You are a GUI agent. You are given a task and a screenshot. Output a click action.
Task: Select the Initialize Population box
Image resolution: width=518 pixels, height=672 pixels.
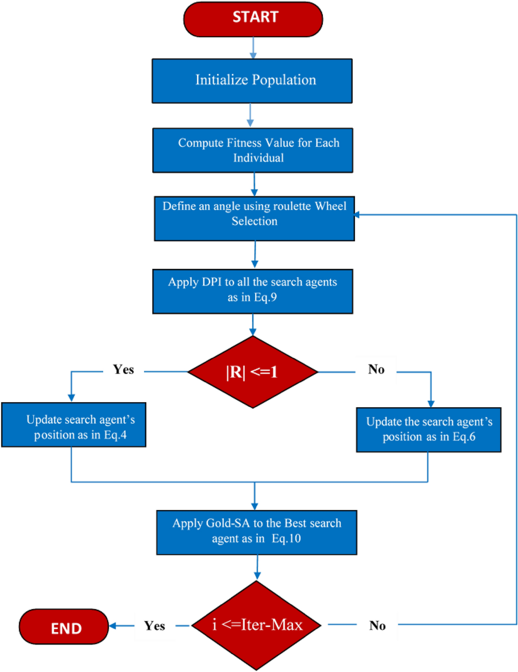coord(252,81)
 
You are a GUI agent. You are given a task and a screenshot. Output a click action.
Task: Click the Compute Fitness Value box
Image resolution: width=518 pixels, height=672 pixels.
coord(252,150)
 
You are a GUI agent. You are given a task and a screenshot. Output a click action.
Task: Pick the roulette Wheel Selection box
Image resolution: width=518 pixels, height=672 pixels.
coord(254,218)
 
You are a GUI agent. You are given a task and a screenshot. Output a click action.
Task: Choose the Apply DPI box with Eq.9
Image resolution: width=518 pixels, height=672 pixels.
coord(252,291)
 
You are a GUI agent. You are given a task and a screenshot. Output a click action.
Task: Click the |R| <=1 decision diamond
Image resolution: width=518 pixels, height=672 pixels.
coord(253,372)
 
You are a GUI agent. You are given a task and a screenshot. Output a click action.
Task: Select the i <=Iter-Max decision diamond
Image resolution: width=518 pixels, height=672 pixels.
coord(257,625)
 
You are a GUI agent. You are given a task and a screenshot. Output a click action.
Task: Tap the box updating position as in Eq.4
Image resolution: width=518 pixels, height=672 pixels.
coord(74,425)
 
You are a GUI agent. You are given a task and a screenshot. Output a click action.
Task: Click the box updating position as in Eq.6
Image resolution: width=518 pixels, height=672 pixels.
coord(429,430)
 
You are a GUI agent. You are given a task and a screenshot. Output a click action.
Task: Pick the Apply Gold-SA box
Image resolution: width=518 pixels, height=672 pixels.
coord(256,532)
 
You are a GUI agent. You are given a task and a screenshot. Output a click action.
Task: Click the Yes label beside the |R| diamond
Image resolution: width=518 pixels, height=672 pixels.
coord(123,370)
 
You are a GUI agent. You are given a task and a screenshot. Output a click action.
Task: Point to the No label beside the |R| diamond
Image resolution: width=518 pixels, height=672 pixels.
coord(376,369)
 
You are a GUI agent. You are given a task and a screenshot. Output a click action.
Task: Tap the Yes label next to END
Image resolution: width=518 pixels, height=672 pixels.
coord(154,626)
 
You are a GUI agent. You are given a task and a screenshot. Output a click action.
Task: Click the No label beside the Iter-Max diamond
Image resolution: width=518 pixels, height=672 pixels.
coord(377,626)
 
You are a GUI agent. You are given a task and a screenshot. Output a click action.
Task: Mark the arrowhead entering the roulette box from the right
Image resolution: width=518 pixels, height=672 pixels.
coord(357,215)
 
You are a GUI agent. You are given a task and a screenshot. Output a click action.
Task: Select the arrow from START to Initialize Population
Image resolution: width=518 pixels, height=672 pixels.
coord(253,48)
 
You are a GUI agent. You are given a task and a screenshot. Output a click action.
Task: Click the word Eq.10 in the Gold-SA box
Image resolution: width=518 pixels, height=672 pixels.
coord(286,539)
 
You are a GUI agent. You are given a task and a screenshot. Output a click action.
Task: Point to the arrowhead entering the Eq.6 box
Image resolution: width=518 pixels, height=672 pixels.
coord(431,404)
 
